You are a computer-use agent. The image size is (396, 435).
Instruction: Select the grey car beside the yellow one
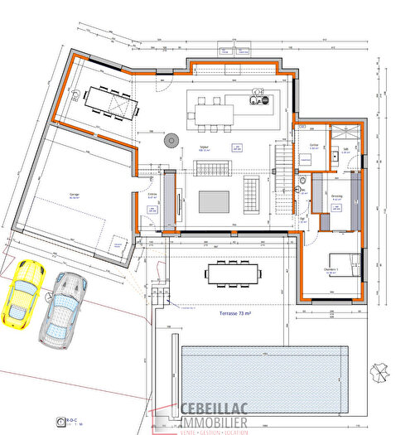pos(62,309)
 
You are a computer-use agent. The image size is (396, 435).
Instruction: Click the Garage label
pos(74,196)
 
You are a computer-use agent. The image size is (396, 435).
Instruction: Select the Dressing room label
pos(336,196)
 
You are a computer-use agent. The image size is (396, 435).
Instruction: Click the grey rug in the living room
pos(213,201)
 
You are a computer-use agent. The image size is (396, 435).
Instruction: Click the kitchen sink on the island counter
pos(258,99)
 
